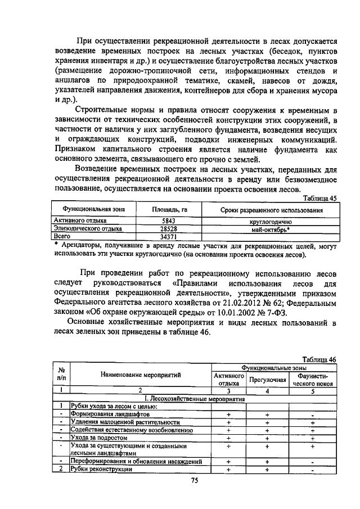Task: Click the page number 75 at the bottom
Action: point(195,480)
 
